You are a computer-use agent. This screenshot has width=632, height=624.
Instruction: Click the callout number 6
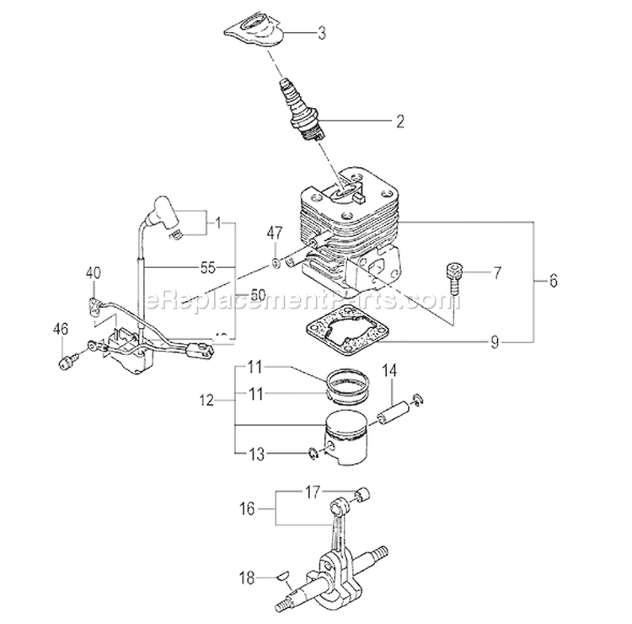click(x=553, y=282)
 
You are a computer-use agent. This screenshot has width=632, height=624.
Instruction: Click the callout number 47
click(x=275, y=233)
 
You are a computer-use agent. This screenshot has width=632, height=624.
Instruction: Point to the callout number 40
click(x=93, y=272)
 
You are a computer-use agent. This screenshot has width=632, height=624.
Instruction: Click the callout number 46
click(x=60, y=328)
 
